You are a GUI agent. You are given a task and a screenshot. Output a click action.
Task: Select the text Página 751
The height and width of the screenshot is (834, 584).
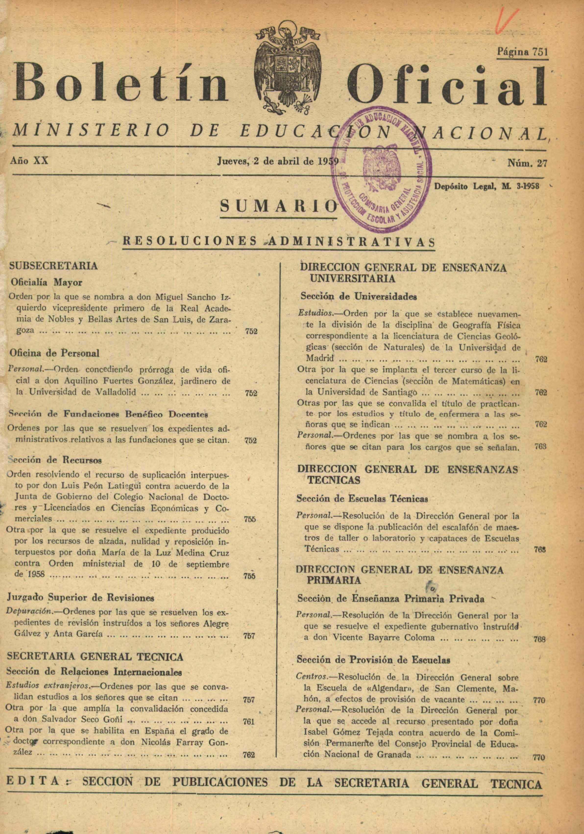point(522,52)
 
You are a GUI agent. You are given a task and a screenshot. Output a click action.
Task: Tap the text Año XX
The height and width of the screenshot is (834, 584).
point(29,160)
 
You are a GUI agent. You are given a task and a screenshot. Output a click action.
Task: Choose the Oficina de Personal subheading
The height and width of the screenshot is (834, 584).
point(54,353)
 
